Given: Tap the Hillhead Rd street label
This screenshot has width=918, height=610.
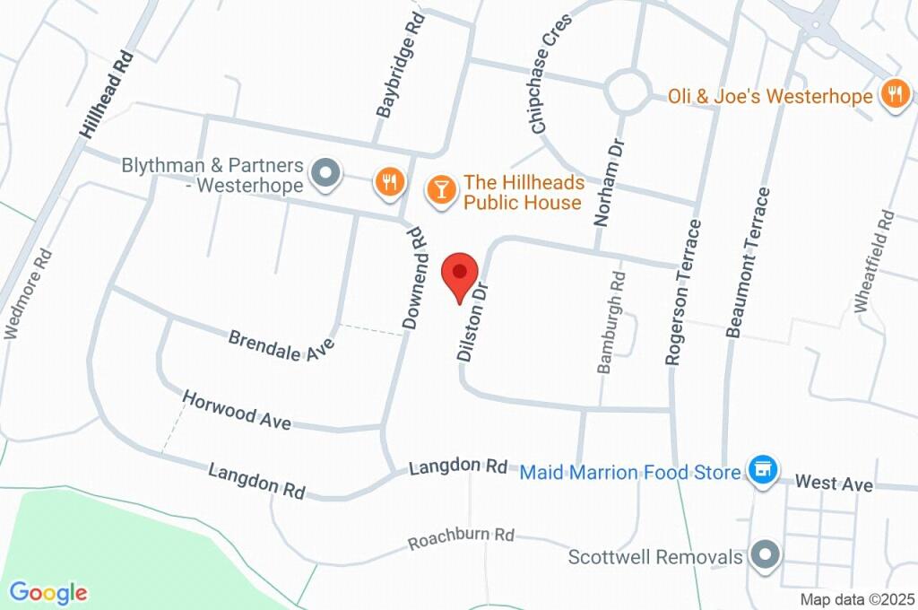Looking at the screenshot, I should click(107, 93).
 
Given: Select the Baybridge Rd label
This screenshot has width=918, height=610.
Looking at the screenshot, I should click(398, 65).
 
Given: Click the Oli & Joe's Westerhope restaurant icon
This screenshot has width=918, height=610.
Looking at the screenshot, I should click(894, 94).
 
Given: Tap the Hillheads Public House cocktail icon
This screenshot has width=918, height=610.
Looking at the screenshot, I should click(440, 189).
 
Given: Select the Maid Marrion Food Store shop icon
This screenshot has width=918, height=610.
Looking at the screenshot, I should click(763, 470).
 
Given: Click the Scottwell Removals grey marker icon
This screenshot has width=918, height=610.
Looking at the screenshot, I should click(765, 556).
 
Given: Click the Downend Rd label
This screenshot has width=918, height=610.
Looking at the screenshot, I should click(413, 278).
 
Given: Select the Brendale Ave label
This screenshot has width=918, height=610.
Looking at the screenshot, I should click(281, 346).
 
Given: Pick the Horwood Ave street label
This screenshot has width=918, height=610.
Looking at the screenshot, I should click(237, 410).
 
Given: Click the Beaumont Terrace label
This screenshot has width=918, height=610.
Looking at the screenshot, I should click(749, 262).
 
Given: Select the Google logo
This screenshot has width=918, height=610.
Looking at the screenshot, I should click(48, 592).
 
